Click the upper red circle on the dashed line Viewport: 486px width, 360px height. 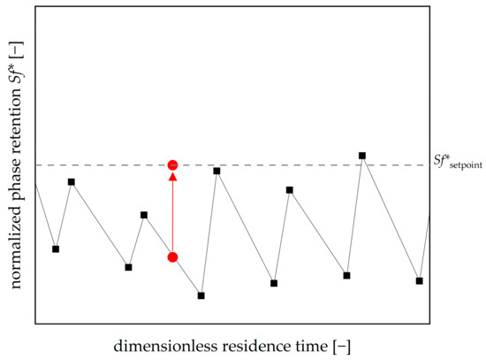pos(173,165)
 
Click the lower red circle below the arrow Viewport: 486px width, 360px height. pos(173,257)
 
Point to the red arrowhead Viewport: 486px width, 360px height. pos(173,178)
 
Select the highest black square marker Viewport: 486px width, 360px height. pos(362,156)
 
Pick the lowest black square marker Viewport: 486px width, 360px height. pos(201,295)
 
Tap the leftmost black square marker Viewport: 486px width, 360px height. pos(56,249)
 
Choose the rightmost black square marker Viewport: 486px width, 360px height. pos(419,280)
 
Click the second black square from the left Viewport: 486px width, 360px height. pos(72,182)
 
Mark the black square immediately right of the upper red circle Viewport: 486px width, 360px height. pos(216,170)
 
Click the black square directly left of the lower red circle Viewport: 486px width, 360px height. pos(144,214)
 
